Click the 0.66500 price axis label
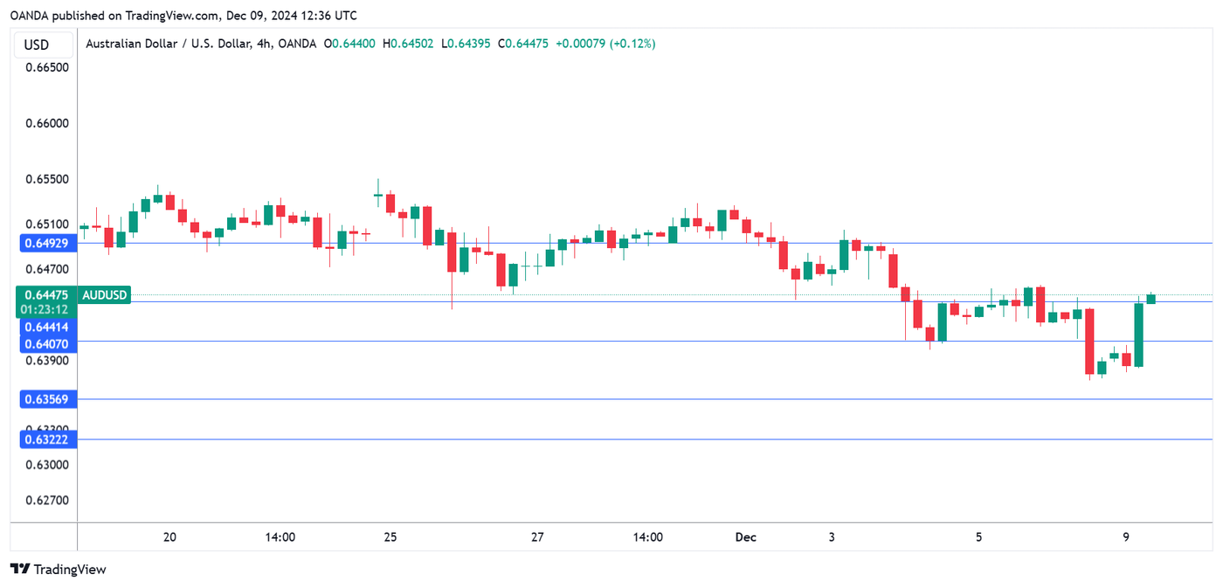coord(46,67)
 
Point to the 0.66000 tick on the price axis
coord(46,123)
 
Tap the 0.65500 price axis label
coord(46,179)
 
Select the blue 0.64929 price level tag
coord(47,244)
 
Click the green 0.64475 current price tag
coord(47,295)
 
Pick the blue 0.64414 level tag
coord(47,327)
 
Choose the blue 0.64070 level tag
coord(47,344)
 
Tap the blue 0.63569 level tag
coord(47,399)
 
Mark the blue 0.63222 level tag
coord(47,439)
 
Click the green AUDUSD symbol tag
coord(105,295)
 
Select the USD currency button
coord(37,45)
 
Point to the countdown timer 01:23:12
coord(47,309)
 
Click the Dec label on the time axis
coord(745,537)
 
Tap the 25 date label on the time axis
coord(390,537)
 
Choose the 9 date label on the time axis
coord(1126,537)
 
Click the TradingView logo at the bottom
coord(59,570)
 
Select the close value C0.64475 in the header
coord(523,44)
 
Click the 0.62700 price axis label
coord(46,501)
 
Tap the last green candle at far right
coord(1151,299)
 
